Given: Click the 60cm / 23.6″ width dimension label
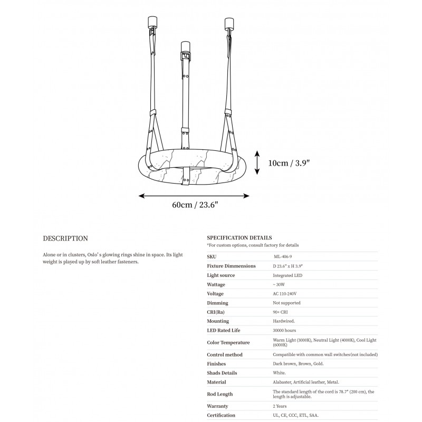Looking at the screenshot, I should click(x=193, y=206).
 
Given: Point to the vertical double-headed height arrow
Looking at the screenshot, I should click(x=257, y=162).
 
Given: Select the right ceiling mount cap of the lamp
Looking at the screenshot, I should click(x=229, y=23).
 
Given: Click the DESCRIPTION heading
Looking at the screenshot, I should click(x=65, y=238).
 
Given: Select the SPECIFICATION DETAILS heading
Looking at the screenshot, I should click(x=239, y=238).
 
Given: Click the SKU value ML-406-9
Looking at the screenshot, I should click(x=283, y=256).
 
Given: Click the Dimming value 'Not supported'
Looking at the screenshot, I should click(x=286, y=303).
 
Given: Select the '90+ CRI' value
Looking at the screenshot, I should click(x=281, y=312).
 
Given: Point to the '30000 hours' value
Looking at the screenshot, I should click(x=284, y=330).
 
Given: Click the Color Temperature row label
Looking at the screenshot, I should click(x=229, y=343).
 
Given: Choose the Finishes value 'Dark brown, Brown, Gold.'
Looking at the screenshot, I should click(x=298, y=363).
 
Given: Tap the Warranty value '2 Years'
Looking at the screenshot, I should click(x=281, y=406).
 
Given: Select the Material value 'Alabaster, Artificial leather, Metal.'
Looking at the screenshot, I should click(x=306, y=382).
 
